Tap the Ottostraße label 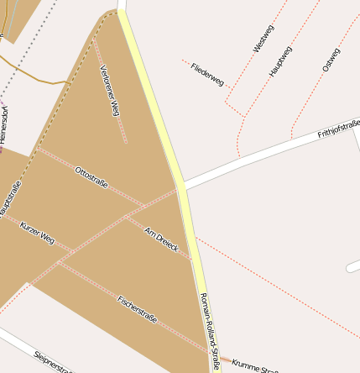91,178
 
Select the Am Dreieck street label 161,243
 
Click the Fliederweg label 207,75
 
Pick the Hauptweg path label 281,61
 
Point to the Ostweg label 331,59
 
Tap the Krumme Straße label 254,365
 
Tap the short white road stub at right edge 352,265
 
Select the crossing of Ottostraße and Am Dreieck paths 125,218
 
